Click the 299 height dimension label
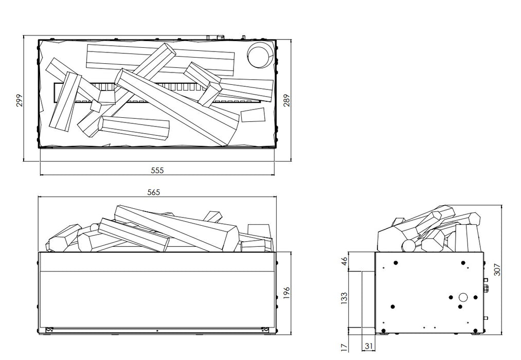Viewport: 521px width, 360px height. pyautogui.click(x=19, y=100)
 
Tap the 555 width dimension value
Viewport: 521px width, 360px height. pyautogui.click(x=158, y=170)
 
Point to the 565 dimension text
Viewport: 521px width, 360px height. pyautogui.click(x=154, y=192)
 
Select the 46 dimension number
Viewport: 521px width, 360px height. pyautogui.click(x=344, y=263)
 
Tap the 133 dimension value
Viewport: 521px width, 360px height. pyautogui.click(x=344, y=298)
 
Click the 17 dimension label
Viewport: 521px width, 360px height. pyautogui.click(x=344, y=349)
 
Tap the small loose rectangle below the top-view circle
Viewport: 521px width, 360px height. pyautogui.click(x=253, y=115)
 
